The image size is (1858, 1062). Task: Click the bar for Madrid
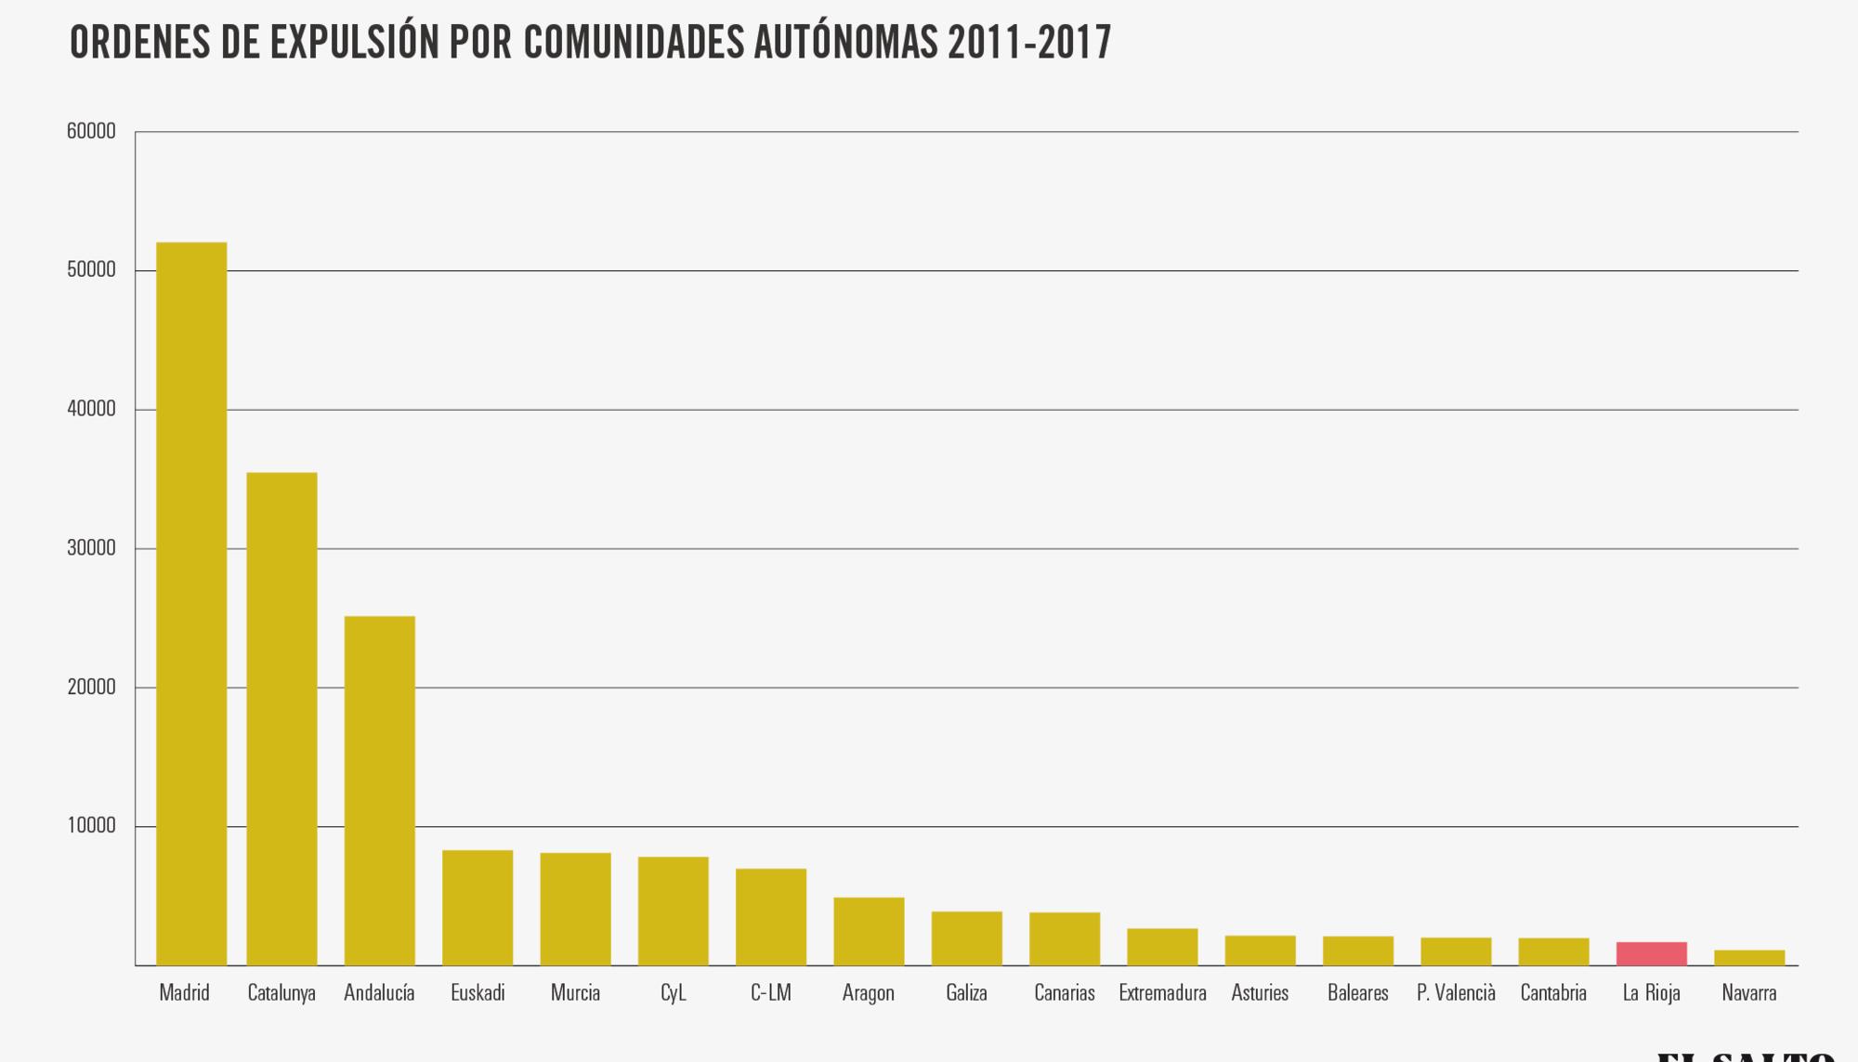pos(191,604)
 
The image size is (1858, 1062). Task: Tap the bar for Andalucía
pos(379,790)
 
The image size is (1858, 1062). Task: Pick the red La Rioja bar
pos(1651,954)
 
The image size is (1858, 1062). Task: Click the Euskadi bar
pos(478,908)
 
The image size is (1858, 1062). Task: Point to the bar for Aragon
pos(869,931)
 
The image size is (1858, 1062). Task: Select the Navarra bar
pos(1748,958)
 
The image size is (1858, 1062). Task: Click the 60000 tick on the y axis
pos(91,132)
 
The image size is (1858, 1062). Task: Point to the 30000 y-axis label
pos(91,549)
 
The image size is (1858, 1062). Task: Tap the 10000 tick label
pos(91,826)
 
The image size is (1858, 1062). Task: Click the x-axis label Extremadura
pos(1162,993)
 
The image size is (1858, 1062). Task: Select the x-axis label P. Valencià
pos(1456,993)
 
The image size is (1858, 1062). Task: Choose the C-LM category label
pos(771,993)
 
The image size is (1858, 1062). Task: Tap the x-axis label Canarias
pos(1064,993)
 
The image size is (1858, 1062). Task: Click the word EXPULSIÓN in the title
pos(355,43)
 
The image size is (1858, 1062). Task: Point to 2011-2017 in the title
pos(1029,43)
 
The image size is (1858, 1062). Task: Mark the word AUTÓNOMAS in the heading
pos(845,43)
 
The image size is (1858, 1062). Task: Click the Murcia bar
pos(575,909)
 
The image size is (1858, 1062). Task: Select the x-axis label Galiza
pos(966,993)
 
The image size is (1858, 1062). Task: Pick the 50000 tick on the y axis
pos(91,270)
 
